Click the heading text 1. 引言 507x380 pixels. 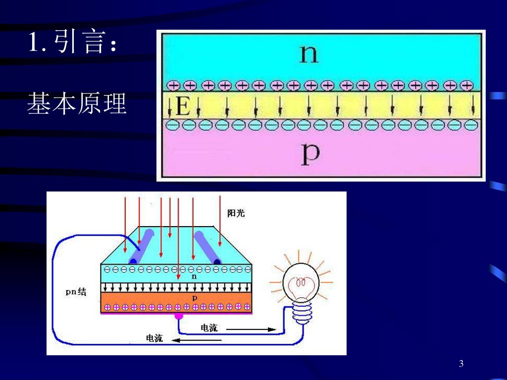tap(73, 43)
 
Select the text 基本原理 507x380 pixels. tap(77, 103)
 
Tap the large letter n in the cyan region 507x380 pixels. tap(308, 53)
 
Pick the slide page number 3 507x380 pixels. tap(461, 364)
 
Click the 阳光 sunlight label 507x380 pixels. tap(236, 214)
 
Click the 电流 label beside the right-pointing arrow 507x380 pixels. tap(209, 328)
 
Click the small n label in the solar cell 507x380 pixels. tap(194, 277)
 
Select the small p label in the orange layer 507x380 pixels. tap(194, 298)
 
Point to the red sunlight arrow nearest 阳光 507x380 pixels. tap(220, 220)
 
